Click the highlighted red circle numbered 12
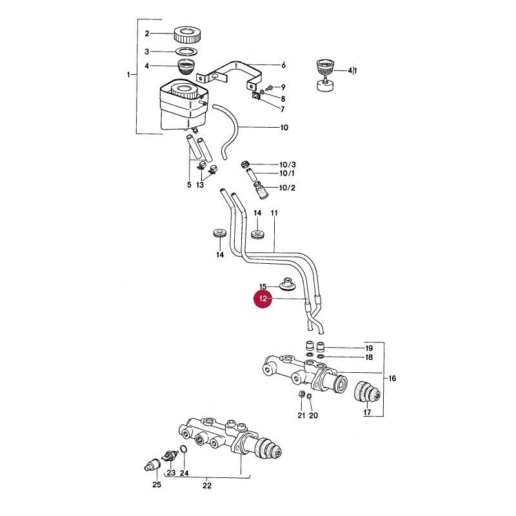click(263, 299)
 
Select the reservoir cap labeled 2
click(186, 34)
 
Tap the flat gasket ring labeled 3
click(186, 51)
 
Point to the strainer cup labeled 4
click(186, 67)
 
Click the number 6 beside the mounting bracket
click(283, 65)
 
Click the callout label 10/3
click(287, 164)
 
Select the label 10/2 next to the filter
click(287, 188)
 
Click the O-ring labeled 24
click(184, 450)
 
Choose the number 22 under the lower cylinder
click(207, 486)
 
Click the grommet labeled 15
click(288, 284)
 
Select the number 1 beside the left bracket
click(128, 75)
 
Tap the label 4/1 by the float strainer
click(352, 70)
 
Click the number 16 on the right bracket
click(392, 379)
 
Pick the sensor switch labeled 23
click(170, 455)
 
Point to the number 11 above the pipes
click(274, 213)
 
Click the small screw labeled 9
click(269, 88)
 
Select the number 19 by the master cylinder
click(369, 348)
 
